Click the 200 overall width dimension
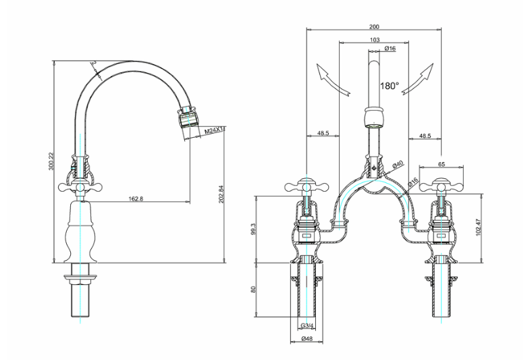(x=374, y=27)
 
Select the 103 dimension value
(x=374, y=40)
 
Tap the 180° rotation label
(x=389, y=86)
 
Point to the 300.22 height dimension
(x=51, y=161)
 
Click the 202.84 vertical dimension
(x=221, y=194)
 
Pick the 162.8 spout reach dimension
(x=136, y=199)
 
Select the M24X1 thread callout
(x=215, y=130)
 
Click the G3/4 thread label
(x=307, y=327)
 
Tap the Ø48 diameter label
(x=307, y=338)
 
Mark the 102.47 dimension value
(x=479, y=228)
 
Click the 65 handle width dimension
(x=442, y=164)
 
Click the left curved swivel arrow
(x=331, y=80)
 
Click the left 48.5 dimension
(x=323, y=133)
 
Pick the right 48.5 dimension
(x=425, y=135)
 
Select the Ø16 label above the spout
(x=390, y=49)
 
